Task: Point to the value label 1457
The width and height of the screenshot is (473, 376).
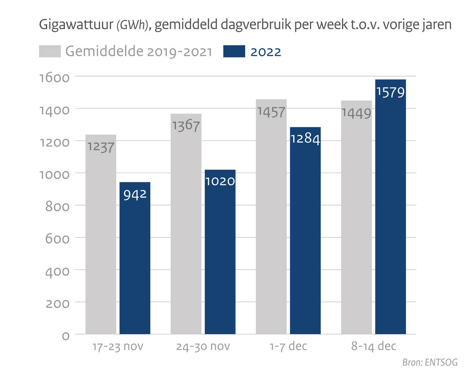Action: (x=271, y=112)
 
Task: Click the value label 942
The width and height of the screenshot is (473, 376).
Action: (x=135, y=195)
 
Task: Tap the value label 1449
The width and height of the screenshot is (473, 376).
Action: (x=356, y=113)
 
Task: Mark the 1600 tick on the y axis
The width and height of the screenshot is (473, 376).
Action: (x=54, y=78)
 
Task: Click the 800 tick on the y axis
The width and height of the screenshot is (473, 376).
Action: (x=58, y=207)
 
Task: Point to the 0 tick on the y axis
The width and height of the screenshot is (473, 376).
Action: (x=65, y=336)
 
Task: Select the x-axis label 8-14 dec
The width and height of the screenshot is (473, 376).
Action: (x=373, y=346)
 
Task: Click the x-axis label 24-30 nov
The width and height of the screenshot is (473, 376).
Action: (x=203, y=346)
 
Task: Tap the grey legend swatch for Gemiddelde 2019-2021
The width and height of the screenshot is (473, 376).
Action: (x=50, y=51)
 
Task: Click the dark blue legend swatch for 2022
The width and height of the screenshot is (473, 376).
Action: (x=234, y=51)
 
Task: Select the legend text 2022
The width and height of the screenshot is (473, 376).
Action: (x=266, y=52)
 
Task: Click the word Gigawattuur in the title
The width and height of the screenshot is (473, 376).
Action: (x=76, y=25)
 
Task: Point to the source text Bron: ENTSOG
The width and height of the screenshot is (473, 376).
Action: (x=430, y=362)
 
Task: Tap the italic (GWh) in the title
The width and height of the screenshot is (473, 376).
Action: (x=131, y=25)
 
